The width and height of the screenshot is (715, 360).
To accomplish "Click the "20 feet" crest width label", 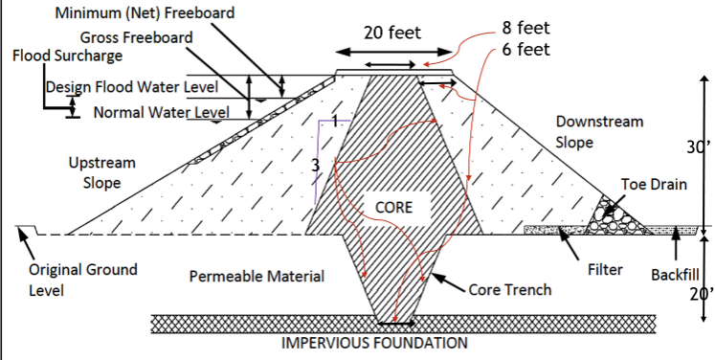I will (392, 33).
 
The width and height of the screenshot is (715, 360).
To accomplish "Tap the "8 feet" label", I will (525, 26).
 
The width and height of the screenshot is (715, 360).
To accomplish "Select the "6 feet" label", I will (525, 49).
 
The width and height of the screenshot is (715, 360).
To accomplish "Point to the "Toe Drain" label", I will (654, 184).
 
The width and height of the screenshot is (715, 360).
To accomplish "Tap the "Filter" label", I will (605, 271).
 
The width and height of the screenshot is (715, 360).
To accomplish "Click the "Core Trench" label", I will (509, 289).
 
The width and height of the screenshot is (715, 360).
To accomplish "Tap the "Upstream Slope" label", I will (101, 173).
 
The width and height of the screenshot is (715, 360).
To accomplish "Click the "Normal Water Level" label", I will (162, 113).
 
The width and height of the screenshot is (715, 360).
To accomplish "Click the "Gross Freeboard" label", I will (136, 37).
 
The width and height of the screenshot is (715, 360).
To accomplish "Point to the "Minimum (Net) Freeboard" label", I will (145, 14).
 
